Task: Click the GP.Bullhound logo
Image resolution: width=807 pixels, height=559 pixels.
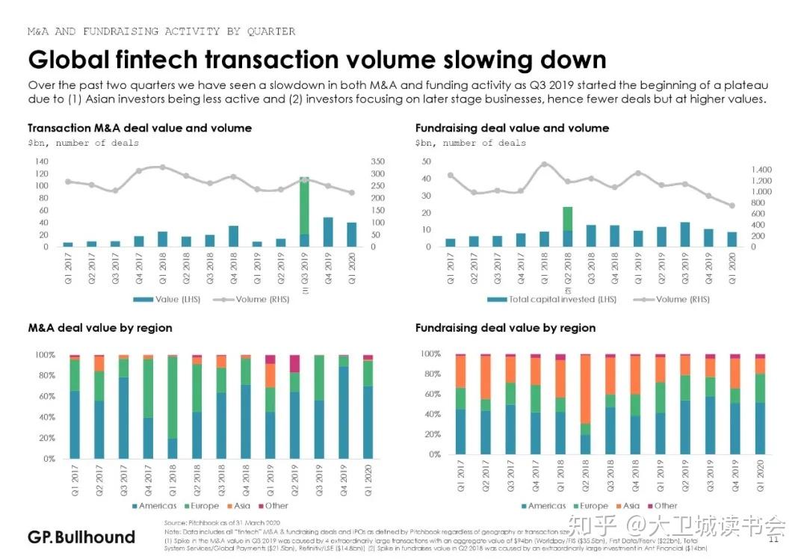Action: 81,537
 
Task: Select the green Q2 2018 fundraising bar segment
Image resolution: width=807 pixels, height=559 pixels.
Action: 567,218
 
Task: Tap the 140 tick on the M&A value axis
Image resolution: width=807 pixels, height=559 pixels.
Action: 41,161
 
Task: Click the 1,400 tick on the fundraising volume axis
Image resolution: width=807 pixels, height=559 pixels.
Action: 756,170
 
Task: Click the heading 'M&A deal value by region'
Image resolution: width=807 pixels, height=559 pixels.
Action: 100,328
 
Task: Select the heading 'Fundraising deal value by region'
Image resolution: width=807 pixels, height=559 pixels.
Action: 505,328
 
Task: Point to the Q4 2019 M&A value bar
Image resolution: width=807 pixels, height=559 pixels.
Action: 328,232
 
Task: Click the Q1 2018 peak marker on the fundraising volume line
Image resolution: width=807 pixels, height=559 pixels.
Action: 544,164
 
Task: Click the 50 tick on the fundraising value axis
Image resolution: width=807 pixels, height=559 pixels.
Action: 427,161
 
